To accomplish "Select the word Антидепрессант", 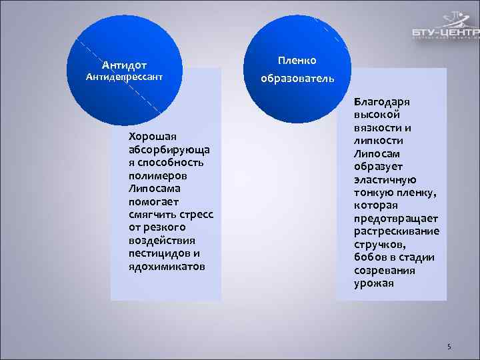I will [x=125, y=77].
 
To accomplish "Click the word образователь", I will [x=297, y=79].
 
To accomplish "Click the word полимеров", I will [x=157, y=175].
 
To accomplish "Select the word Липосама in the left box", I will [x=155, y=189].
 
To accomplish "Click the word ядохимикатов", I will [x=167, y=267].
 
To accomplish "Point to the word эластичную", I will [x=385, y=180].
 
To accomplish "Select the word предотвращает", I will [x=395, y=219].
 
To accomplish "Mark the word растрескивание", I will [x=396, y=231].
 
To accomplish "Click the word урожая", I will [x=373, y=283].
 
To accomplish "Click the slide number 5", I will [x=449, y=347].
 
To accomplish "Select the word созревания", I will [x=384, y=271].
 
